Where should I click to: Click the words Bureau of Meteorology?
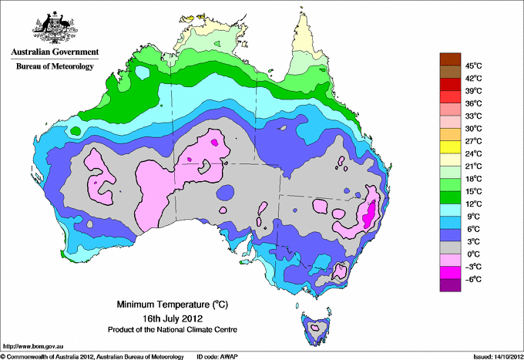tap(54, 67)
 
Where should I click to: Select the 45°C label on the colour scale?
tap(472, 65)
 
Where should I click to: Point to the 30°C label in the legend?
tap(472, 128)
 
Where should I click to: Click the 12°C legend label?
tap(472, 204)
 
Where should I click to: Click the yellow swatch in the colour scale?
tap(448, 147)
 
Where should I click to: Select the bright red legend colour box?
tap(448, 96)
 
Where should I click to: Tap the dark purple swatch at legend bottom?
tap(448, 286)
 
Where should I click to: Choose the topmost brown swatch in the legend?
tap(448, 59)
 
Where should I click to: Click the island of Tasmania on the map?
tap(316, 328)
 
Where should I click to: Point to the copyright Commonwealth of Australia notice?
tap(92, 356)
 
